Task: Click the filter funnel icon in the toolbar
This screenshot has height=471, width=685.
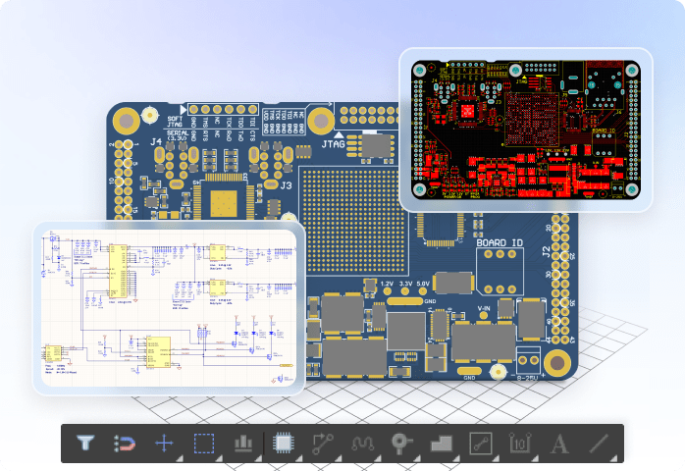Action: [85, 443]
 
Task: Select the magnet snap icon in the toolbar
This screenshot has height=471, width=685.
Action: [125, 443]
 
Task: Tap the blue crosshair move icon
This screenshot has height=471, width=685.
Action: [164, 443]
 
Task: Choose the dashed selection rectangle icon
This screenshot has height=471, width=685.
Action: [203, 443]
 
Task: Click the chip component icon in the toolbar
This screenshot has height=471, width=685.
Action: [283, 443]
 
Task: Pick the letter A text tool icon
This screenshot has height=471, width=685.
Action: [559, 443]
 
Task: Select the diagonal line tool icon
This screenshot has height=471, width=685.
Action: [600, 443]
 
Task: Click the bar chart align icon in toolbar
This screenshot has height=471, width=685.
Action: [242, 443]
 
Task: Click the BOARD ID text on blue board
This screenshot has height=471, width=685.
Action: [501, 241]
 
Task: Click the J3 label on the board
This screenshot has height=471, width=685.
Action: [287, 183]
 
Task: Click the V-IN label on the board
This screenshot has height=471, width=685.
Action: [483, 307]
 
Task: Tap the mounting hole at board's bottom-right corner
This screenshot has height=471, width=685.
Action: [557, 361]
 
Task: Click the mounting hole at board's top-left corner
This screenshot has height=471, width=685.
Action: [126, 121]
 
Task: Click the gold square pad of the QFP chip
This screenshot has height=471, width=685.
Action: [223, 202]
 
